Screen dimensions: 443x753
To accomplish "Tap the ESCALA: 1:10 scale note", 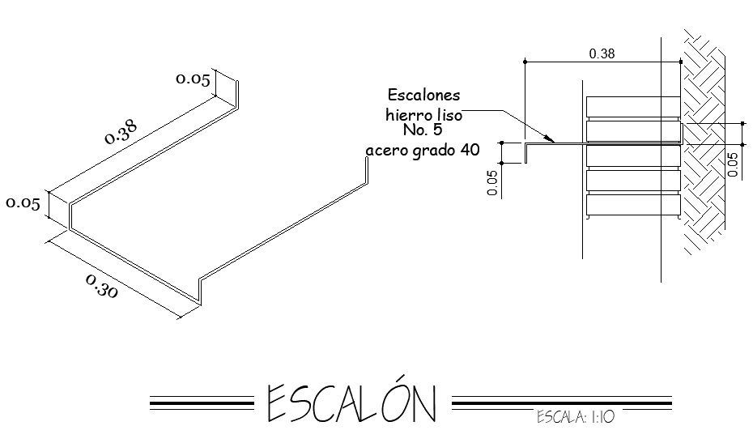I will pyautogui.click(x=576, y=418).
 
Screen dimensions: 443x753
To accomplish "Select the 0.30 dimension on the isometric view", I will pyautogui.click(x=100, y=287).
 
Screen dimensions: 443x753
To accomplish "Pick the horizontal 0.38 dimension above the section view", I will pyautogui.click(x=601, y=53).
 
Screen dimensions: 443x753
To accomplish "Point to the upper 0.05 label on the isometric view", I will pyautogui.click(x=194, y=79).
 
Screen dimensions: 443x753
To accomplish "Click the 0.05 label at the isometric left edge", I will pyautogui.click(x=23, y=203).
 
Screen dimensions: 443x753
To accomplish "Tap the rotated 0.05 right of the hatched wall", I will pyautogui.click(x=733, y=164).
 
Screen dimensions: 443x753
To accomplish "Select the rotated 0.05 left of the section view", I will pyautogui.click(x=492, y=184).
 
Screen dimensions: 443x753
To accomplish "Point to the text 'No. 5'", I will pyautogui.click(x=422, y=130).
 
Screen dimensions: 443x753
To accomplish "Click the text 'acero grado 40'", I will pyautogui.click(x=423, y=150).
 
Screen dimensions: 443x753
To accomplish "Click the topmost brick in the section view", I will pyautogui.click(x=633, y=106).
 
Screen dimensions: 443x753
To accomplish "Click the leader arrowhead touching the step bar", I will pyautogui.click(x=551, y=142).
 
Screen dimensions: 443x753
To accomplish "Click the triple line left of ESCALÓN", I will pyautogui.click(x=202, y=402).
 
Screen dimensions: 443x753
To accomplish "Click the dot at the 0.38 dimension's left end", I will pyautogui.click(x=525, y=61).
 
